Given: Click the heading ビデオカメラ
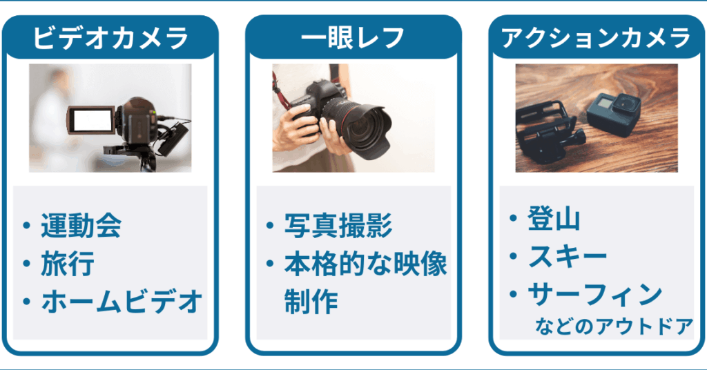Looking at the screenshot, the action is click(110, 38).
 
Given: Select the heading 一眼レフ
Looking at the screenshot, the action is click(353, 38).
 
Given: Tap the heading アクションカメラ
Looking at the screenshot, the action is click(596, 38).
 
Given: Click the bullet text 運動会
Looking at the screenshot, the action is click(81, 225).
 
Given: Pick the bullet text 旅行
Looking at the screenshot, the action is click(68, 264).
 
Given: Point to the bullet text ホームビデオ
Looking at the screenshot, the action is click(122, 302).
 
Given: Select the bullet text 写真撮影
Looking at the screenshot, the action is click(338, 225).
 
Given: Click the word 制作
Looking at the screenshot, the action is click(311, 302).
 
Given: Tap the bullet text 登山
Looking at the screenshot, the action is click(554, 219).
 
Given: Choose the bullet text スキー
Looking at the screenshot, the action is click(568, 256).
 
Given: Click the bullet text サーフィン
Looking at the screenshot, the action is click(594, 295).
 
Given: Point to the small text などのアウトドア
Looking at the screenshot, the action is click(614, 326).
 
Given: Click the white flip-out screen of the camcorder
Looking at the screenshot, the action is click(92, 120).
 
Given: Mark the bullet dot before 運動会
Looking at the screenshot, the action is click(26, 225).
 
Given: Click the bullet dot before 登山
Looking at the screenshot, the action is click(513, 218).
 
